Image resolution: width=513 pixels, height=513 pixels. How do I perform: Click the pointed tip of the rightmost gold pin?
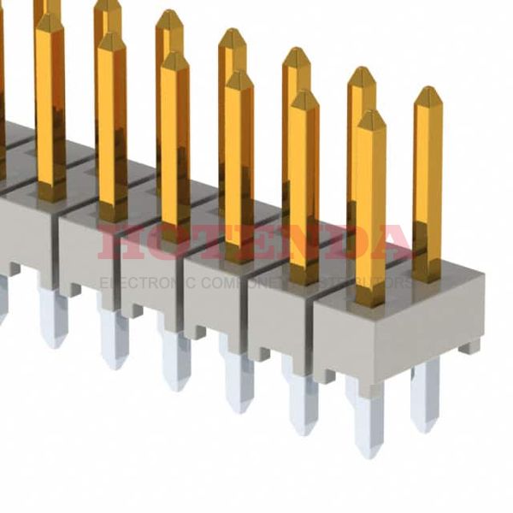(427, 90)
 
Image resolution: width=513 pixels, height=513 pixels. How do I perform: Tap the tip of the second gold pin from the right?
(371, 113)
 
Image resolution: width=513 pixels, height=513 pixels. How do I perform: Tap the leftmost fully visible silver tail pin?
(52, 316)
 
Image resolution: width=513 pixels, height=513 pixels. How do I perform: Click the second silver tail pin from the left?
(114, 338)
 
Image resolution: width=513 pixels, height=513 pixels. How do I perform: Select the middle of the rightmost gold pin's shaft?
(427, 184)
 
